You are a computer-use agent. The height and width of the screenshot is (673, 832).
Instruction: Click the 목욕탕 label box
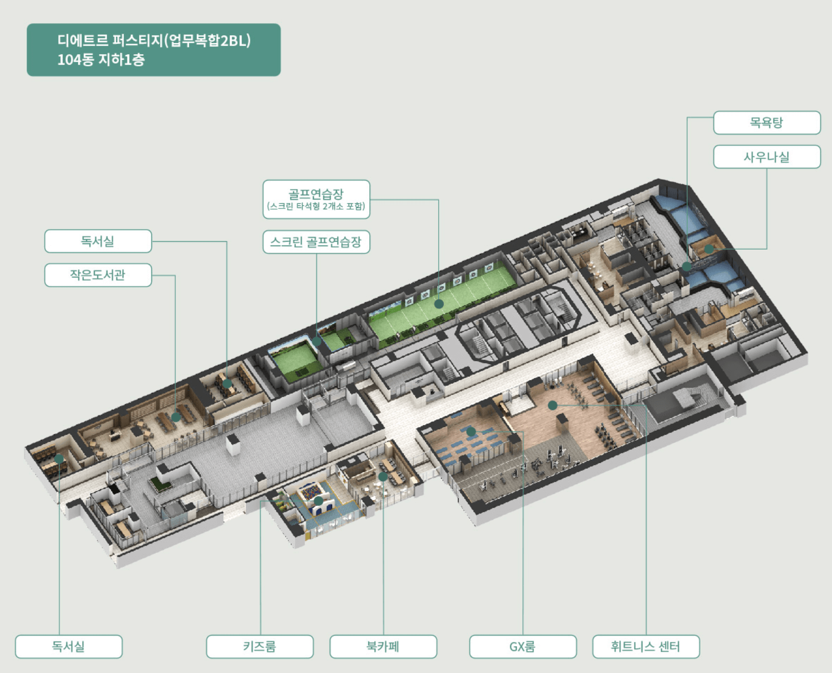click(x=767, y=123)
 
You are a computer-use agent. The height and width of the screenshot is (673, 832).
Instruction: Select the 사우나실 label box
click(x=767, y=157)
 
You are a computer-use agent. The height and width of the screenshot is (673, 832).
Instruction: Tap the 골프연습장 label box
click(x=316, y=199)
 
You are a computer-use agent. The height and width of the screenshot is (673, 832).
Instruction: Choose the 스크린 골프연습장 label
click(x=316, y=242)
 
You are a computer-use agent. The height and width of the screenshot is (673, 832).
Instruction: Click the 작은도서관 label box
click(x=98, y=275)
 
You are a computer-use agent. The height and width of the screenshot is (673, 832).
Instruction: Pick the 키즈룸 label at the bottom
click(x=260, y=646)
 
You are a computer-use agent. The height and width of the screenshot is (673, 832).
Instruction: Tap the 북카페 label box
click(x=383, y=646)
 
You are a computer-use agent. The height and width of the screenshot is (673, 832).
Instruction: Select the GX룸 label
click(x=522, y=646)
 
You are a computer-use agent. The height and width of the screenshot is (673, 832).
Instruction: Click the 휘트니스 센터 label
click(x=646, y=646)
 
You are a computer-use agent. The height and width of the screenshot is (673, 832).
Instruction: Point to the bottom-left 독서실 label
click(x=68, y=646)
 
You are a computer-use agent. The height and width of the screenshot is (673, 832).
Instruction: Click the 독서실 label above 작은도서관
click(x=98, y=241)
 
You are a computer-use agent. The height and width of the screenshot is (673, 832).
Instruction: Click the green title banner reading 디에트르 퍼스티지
click(x=154, y=50)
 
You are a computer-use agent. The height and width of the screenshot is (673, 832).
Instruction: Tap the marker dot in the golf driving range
click(x=439, y=304)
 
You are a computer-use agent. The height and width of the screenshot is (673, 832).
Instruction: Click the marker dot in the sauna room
click(x=709, y=249)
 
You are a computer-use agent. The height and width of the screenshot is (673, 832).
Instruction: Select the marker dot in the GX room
click(x=471, y=432)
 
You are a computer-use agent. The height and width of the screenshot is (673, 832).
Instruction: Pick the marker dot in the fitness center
click(x=552, y=405)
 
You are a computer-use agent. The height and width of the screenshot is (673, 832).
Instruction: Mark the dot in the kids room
click(x=319, y=500)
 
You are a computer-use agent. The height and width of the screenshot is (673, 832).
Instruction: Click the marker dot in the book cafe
click(x=383, y=477)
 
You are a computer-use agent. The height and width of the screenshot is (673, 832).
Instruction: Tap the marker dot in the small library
click(x=176, y=417)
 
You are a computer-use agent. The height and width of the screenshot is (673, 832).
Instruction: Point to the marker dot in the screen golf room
click(x=316, y=341)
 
